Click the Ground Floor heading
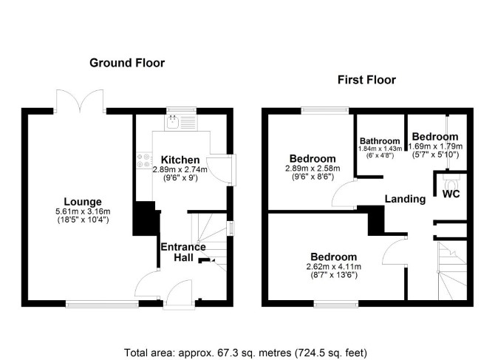click(x=127, y=63)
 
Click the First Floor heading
click(x=366, y=80)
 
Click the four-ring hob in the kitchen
click(x=143, y=160)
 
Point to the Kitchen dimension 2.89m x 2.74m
click(x=180, y=169)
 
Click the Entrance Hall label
click(x=183, y=252)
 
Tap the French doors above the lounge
click(x=80, y=101)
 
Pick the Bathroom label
click(x=380, y=141)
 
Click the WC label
click(x=451, y=194)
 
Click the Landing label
click(x=405, y=199)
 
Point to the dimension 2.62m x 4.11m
click(x=334, y=267)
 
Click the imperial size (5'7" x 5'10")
click(x=435, y=154)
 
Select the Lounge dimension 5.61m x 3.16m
click(x=83, y=211)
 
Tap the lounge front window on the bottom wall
click(x=102, y=304)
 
